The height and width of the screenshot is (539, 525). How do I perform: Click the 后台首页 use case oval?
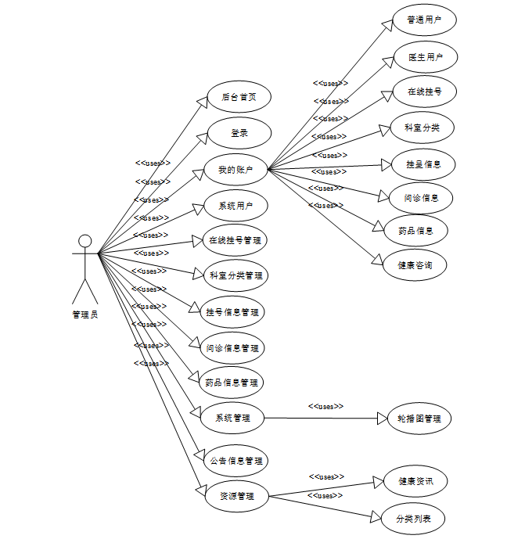pos(239,98)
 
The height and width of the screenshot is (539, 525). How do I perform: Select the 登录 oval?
pos(239,133)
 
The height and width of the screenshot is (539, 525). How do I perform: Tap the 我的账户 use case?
pos(236,170)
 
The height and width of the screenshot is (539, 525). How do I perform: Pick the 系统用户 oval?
pos(236,206)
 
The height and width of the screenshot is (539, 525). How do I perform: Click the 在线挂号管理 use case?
pos(236,240)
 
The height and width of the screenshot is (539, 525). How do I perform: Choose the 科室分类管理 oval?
pos(236,275)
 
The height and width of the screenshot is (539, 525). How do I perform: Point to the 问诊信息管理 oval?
pos(232,348)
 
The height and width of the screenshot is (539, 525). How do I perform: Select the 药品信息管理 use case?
pos(232,383)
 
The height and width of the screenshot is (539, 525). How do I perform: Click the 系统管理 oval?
pos(232,418)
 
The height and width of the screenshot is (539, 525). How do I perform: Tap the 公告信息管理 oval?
pos(236,461)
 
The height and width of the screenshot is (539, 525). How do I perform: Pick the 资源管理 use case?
pos(236,496)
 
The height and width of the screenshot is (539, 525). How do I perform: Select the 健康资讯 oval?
pos(415,481)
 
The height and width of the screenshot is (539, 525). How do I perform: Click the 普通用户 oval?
pos(425,20)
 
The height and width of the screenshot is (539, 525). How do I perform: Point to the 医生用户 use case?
pos(425,57)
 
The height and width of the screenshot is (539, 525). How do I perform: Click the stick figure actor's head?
pos(85,241)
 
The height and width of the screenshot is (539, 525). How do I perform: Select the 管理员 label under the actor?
pos(85,314)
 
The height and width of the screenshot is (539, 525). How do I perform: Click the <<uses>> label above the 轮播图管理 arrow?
pos(325,407)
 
